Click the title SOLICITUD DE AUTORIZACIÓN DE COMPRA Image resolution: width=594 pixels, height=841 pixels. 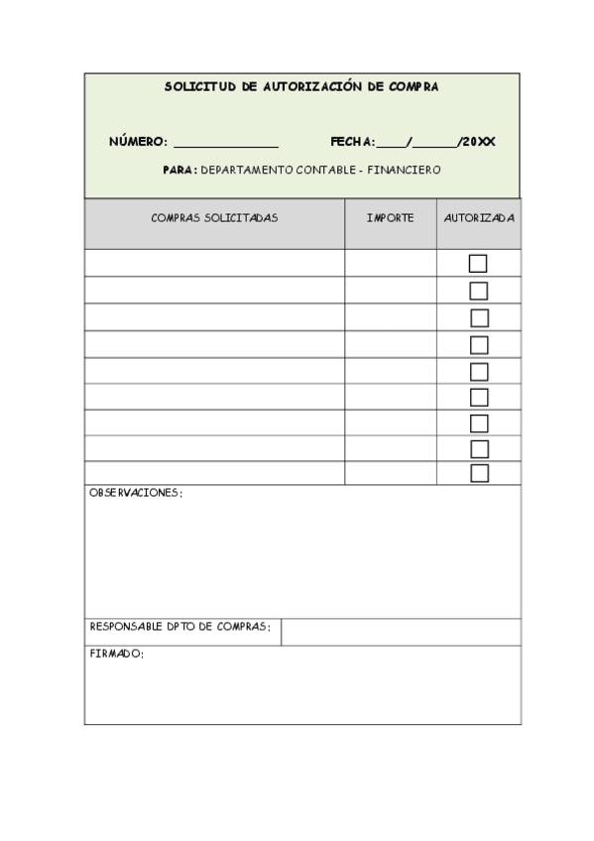coord(300,87)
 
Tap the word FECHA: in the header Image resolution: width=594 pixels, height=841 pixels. coord(352,142)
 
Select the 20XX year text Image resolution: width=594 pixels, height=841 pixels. coord(478,142)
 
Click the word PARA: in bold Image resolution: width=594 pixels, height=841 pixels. coord(180,170)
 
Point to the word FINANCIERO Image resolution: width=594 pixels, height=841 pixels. coord(404,170)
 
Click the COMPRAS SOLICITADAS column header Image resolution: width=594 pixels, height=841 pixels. coord(214,218)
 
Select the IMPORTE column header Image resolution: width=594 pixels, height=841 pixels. coord(390,218)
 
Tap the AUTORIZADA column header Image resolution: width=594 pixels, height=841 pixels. coord(479,218)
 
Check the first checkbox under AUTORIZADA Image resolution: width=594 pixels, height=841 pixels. coord(479,263)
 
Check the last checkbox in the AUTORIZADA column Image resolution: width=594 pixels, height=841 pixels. coord(479,473)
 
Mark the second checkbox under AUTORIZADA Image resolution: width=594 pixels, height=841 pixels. coord(479,291)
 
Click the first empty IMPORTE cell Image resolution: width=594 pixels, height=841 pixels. coord(390,263)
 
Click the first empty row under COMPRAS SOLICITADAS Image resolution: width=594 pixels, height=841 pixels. coord(214,263)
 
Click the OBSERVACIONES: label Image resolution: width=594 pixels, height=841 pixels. coord(136,493)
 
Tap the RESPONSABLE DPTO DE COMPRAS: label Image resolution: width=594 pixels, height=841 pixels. coord(179,627)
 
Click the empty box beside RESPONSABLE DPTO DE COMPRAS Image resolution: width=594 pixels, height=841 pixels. coord(401,632)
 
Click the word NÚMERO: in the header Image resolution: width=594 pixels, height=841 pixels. coord(138,142)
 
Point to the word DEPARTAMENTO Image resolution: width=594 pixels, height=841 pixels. coord(246,170)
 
